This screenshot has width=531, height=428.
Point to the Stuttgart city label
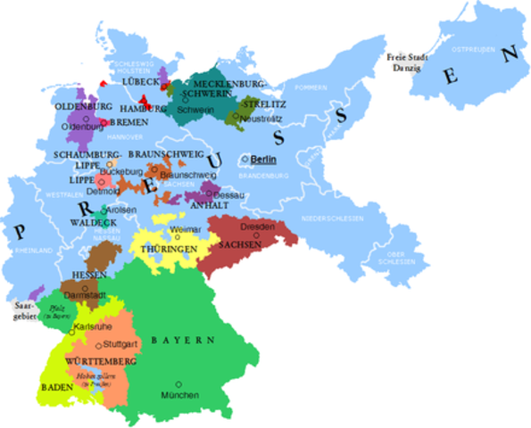121,342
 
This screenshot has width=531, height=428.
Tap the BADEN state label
55,388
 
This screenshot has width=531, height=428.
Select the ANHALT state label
207,204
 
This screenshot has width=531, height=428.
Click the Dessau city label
227,193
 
